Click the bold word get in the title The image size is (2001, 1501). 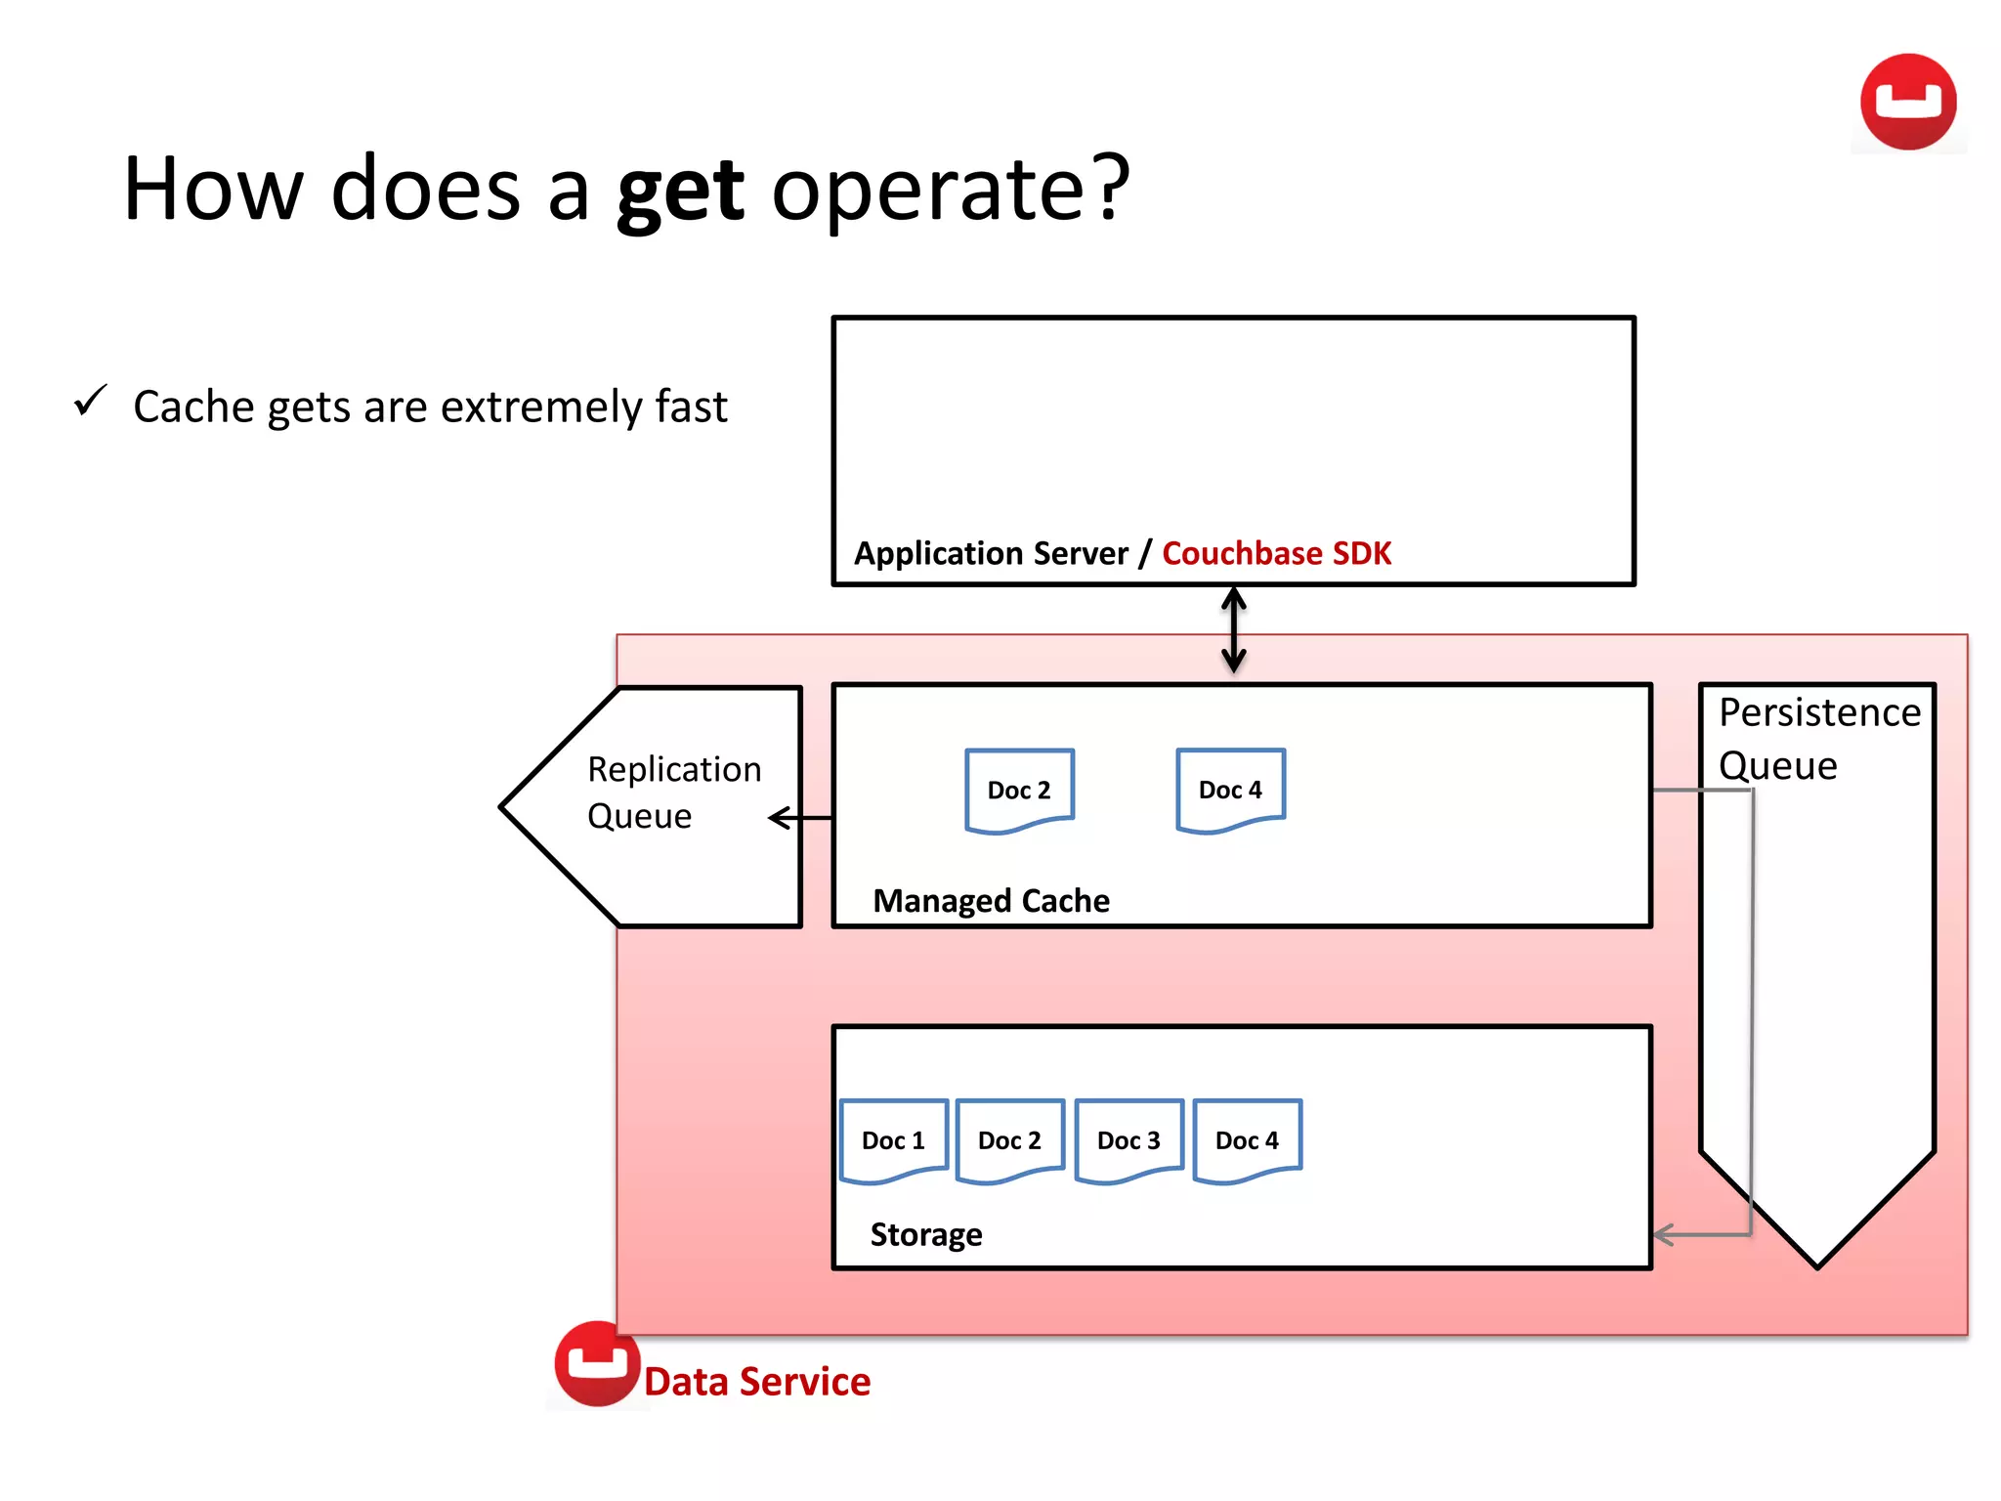click(681, 191)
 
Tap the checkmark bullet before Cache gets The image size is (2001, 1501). click(90, 401)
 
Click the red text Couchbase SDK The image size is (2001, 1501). click(1276, 553)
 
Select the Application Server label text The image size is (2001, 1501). click(991, 553)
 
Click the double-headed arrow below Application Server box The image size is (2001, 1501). click(1234, 630)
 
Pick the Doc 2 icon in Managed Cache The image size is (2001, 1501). click(1019, 790)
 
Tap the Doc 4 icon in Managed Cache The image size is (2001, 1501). click(1230, 790)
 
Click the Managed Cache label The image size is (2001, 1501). click(991, 900)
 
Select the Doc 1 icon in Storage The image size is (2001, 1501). click(893, 1140)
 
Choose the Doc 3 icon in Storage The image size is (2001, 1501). click(1128, 1140)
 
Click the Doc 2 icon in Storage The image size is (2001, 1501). click(1009, 1140)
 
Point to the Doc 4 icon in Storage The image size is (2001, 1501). click(1247, 1140)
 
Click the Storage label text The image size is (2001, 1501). click(926, 1234)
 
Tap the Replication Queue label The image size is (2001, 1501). click(673, 793)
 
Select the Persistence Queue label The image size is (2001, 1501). click(1818, 739)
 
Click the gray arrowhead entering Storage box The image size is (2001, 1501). click(1665, 1235)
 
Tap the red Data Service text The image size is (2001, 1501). click(757, 1382)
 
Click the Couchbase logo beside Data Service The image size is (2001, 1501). click(597, 1363)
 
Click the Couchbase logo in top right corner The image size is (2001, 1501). click(1907, 103)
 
